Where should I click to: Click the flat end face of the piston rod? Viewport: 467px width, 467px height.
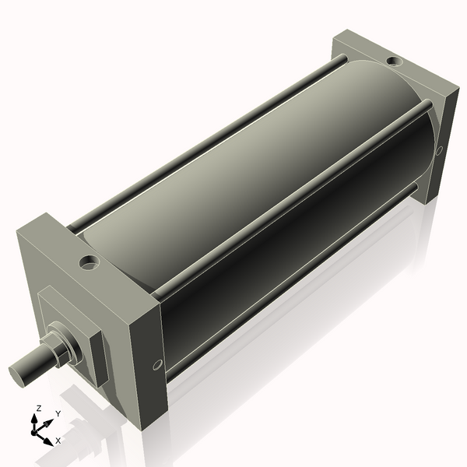click(20, 373)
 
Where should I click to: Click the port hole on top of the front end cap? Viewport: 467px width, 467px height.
click(90, 262)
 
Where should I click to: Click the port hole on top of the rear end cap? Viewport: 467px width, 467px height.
click(394, 60)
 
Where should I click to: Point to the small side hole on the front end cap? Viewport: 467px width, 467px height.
click(158, 364)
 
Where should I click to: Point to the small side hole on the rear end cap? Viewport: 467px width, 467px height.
click(439, 150)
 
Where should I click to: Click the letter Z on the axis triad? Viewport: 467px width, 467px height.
click(39, 408)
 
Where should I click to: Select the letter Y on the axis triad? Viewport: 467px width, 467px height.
click(58, 413)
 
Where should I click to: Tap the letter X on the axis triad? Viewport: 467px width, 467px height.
click(58, 441)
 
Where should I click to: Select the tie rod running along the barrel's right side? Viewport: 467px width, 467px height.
click(296, 202)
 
